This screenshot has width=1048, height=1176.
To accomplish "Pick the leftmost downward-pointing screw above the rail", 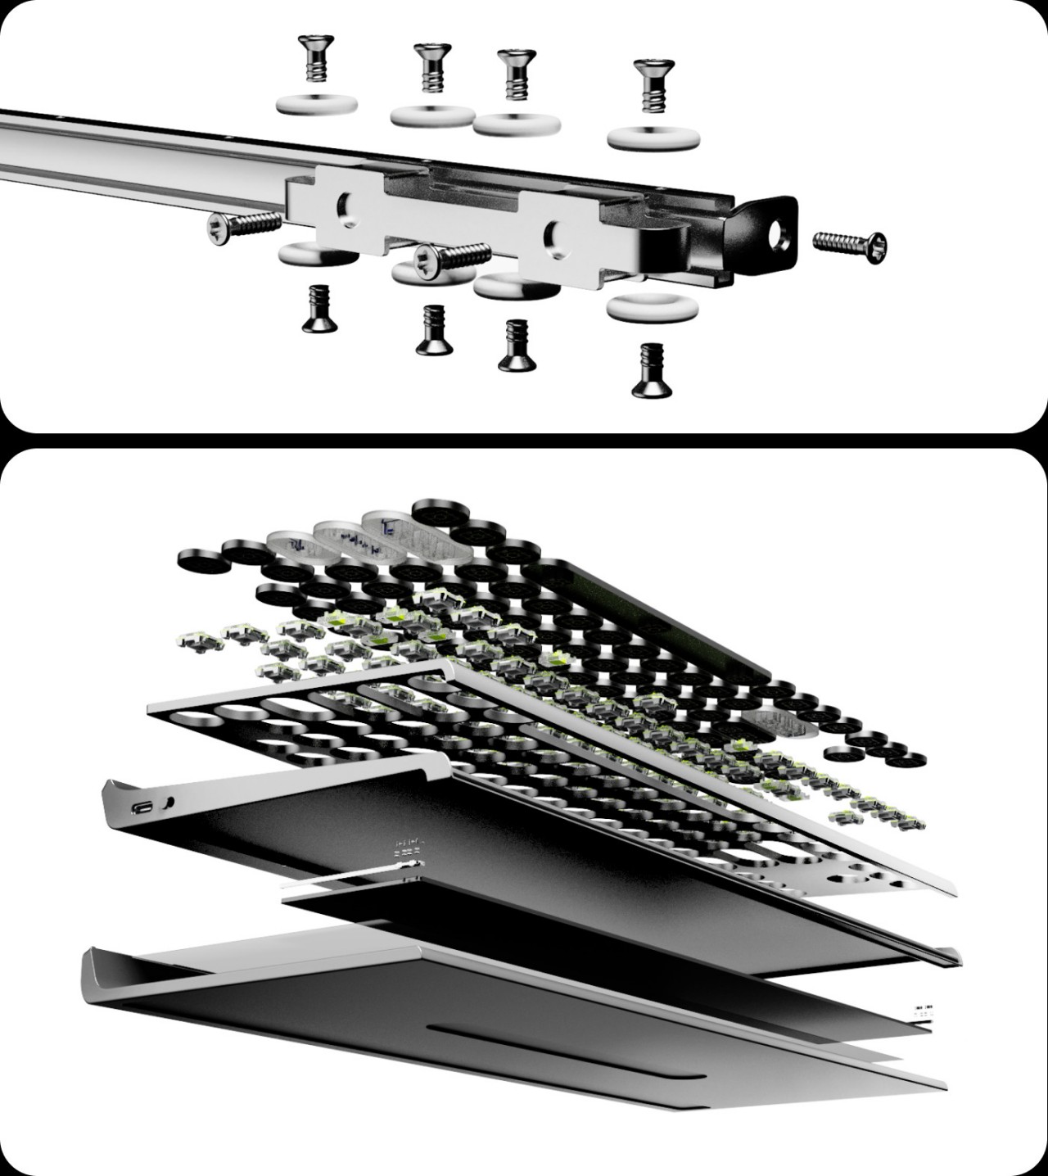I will tap(312, 57).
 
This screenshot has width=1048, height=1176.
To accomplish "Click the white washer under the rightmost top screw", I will tap(653, 136).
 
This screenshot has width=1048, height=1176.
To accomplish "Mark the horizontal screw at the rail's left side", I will tap(243, 226).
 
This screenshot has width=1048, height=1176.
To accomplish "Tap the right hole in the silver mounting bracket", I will tap(553, 233).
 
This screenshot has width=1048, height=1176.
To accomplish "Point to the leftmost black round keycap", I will tap(199, 561).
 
